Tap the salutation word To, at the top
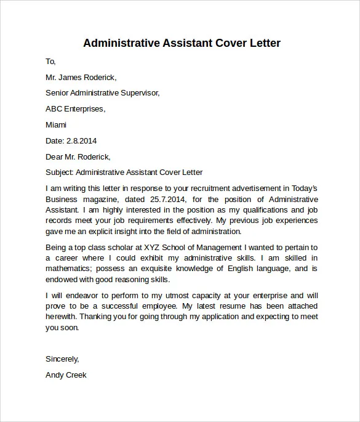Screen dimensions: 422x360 51,61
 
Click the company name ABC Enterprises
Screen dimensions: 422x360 75,108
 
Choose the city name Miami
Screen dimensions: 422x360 57,124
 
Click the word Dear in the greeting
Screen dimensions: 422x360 55,156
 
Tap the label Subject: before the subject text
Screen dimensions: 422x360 60,172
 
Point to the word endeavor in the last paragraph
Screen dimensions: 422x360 81,294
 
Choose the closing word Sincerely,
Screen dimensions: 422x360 63,359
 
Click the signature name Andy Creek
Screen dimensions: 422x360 66,375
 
